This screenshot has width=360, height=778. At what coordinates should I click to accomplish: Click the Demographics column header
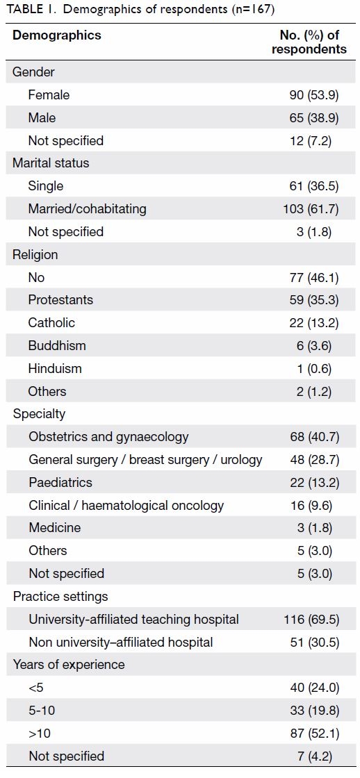click(56, 35)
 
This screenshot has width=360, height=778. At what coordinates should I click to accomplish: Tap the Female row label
click(49, 94)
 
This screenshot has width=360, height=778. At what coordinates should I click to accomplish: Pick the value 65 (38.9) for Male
click(314, 118)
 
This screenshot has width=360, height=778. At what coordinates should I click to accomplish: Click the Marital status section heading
click(51, 163)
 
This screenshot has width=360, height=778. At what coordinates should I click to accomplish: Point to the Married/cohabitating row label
click(87, 209)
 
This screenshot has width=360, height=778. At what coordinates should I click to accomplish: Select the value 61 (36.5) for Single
click(314, 186)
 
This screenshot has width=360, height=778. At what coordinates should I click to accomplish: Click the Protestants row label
click(60, 300)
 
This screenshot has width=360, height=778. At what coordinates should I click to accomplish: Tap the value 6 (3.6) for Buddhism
click(320, 346)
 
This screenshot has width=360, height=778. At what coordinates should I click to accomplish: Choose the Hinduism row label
click(55, 369)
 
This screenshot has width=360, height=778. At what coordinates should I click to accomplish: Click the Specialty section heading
click(39, 414)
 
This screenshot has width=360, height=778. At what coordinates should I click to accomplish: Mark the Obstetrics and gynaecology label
click(108, 437)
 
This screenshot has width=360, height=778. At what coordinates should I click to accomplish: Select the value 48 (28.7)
click(314, 460)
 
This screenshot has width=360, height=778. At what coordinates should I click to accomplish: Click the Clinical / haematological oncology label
click(126, 506)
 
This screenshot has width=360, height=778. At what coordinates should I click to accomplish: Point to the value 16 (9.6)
click(318, 506)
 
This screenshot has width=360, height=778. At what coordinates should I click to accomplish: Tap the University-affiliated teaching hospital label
click(133, 620)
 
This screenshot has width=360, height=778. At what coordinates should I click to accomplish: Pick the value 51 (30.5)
click(314, 643)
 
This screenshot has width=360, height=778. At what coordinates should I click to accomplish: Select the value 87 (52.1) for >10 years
click(314, 734)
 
